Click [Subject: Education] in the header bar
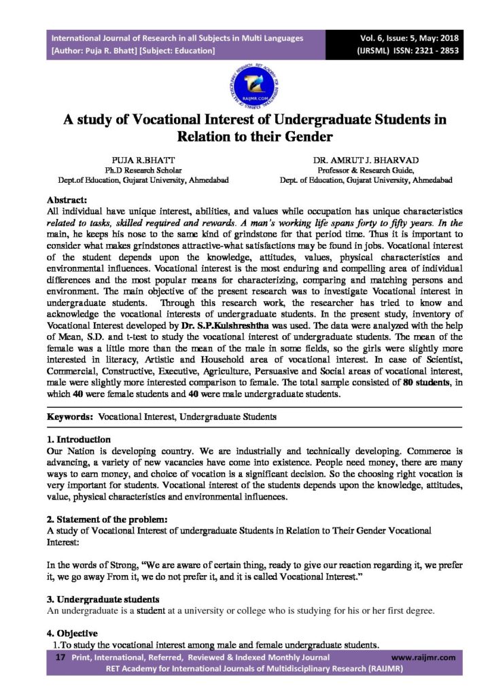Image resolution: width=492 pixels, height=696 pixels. click(176, 50)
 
